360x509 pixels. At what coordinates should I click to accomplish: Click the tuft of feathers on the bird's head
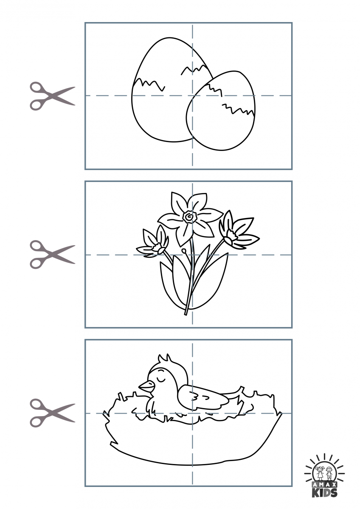coord(164,360)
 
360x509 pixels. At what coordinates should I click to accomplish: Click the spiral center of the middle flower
coord(189,217)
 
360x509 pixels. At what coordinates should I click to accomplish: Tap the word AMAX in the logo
coord(325,484)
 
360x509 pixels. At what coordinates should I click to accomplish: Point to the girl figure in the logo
coord(320,473)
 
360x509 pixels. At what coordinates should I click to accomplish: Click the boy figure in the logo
coord(329,473)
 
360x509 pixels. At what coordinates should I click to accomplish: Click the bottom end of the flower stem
coord(186,314)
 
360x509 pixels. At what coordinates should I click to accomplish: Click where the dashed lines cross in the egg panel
coord(192,95)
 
